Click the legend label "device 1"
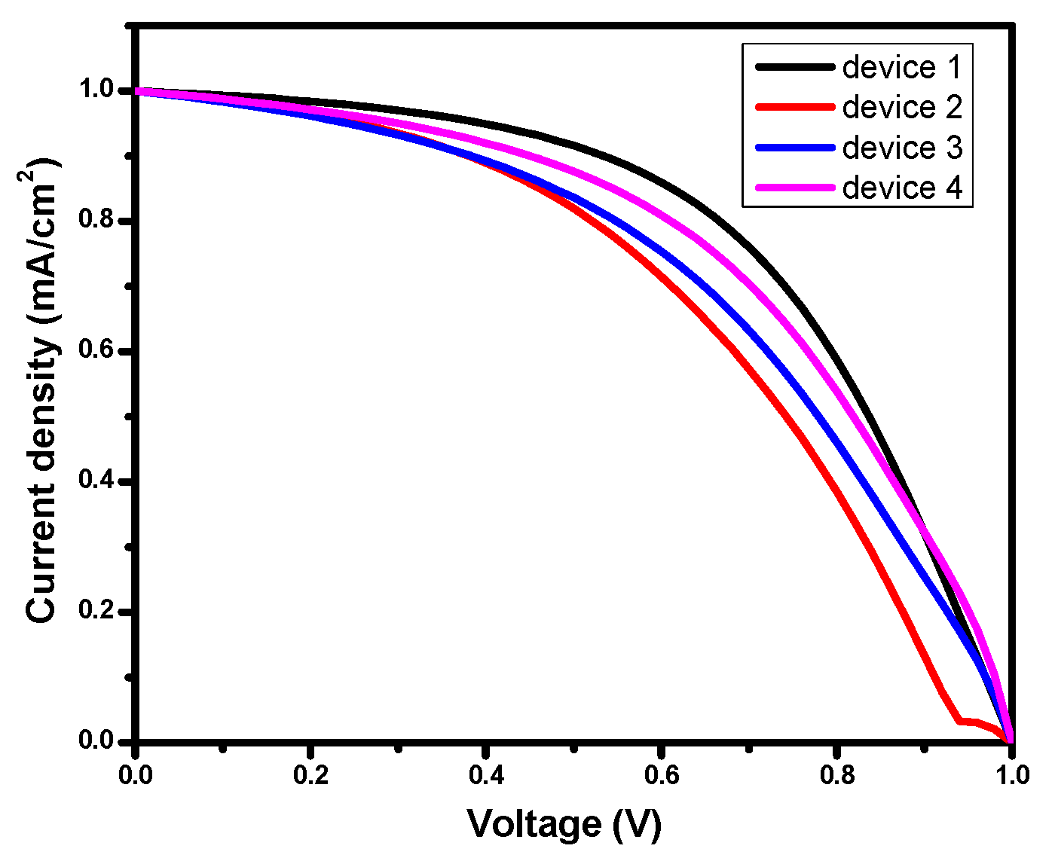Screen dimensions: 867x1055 coord(902,67)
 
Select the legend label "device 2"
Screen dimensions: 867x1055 coord(902,107)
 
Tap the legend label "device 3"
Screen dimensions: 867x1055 coord(902,148)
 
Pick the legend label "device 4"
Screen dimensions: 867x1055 coord(902,188)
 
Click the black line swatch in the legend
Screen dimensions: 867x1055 coord(794,67)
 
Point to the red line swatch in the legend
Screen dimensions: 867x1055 coord(794,107)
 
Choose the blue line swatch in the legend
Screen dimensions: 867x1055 coord(794,148)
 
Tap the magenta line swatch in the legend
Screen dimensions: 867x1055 coord(794,188)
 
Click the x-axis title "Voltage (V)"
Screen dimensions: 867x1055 coord(564,823)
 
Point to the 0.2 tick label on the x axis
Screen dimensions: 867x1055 coord(310,775)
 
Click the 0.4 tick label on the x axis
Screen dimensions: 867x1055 coord(486,775)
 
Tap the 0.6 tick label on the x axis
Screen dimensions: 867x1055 coord(661,775)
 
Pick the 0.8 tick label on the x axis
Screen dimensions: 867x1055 coord(836,775)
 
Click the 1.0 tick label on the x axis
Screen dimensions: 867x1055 coord(1011,775)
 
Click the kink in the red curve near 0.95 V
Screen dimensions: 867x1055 coord(960,721)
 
